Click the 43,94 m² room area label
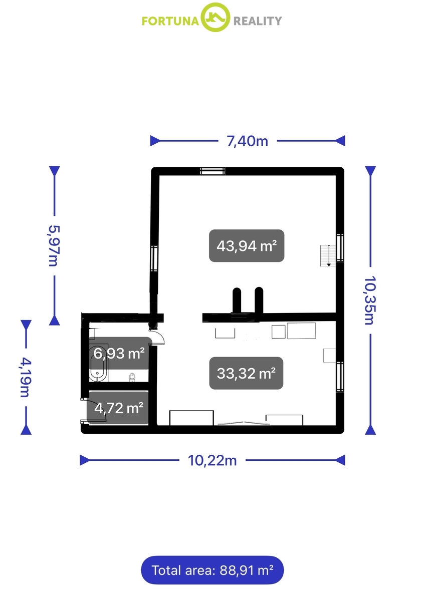(247, 245)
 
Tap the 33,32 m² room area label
(246, 373)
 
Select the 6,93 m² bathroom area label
(119, 353)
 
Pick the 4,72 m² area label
(119, 408)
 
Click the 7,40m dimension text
(247, 141)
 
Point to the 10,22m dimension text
(212, 460)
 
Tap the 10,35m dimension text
(370, 300)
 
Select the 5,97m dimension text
(54, 245)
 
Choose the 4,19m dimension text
(26, 377)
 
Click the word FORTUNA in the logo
(170, 21)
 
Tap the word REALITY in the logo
(258, 21)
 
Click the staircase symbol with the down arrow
(328, 256)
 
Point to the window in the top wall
(212, 171)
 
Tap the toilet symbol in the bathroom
(132, 377)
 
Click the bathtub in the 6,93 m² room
(98, 363)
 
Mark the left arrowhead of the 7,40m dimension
(155, 141)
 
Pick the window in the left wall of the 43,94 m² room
(154, 258)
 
